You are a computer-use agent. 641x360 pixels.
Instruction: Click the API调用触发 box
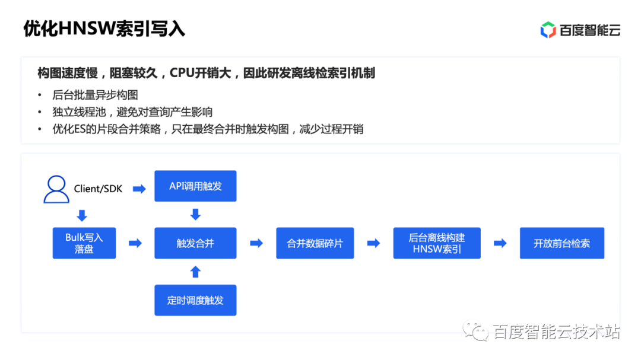(195, 186)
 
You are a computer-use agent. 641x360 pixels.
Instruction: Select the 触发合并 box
(195, 243)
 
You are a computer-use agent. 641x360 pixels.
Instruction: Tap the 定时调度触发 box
(195, 300)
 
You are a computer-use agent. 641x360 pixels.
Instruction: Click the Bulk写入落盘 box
(84, 243)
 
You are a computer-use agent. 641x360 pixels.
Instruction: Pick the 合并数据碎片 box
(315, 243)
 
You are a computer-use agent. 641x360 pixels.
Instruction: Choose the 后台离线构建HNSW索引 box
(437, 243)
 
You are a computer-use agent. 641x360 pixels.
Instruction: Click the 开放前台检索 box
(561, 243)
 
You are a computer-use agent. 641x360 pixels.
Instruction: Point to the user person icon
(56, 189)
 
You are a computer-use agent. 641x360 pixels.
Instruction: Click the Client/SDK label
(98, 189)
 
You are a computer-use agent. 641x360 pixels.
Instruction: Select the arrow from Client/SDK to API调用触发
(139, 189)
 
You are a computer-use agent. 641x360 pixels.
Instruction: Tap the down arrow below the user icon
(82, 215)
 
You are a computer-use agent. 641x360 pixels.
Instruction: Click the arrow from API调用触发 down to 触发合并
(195, 215)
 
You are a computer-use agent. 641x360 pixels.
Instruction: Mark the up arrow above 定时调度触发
(195, 272)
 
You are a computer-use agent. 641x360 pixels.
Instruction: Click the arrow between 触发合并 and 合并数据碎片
(256, 244)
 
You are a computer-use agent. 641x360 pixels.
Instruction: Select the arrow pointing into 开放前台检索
(500, 244)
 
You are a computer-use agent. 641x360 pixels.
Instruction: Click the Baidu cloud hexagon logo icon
(548, 30)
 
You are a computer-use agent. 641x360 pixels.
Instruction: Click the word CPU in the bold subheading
(182, 73)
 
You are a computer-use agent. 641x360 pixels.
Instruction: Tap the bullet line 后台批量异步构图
(95, 95)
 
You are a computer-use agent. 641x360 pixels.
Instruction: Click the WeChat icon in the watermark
(475, 330)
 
